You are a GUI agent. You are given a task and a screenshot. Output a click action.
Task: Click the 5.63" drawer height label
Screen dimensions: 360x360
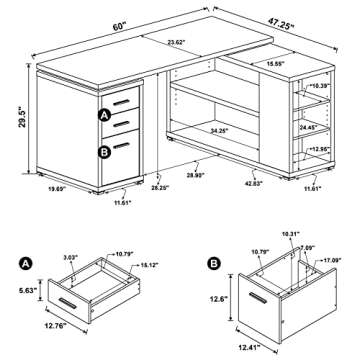pyautogui.click(x=25, y=293)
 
